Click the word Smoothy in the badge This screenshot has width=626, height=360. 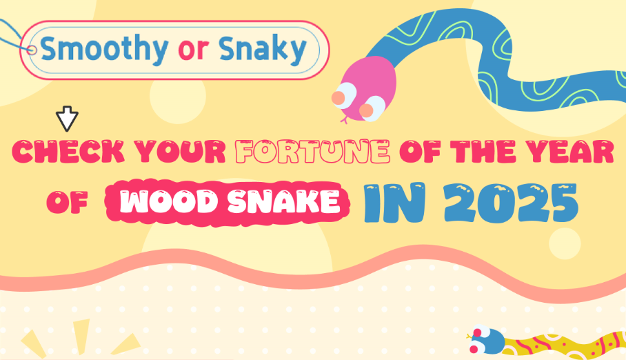point(103,49)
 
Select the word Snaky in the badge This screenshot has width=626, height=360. point(262,49)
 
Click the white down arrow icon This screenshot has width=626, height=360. point(67,119)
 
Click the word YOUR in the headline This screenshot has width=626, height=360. point(182,152)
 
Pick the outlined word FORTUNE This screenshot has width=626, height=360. point(313,152)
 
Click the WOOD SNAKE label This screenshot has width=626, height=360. point(231,201)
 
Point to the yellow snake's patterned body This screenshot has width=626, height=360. point(565,343)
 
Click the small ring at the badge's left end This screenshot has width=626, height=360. point(31,50)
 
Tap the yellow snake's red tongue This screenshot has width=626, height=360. point(469,337)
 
